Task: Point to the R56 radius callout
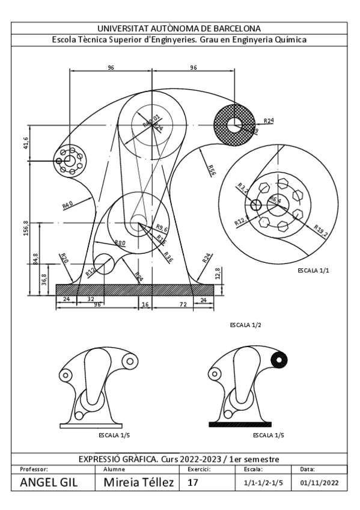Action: point(211,170)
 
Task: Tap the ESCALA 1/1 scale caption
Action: point(314,271)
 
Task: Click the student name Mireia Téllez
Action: point(139,483)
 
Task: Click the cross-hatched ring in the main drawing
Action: point(225,124)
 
